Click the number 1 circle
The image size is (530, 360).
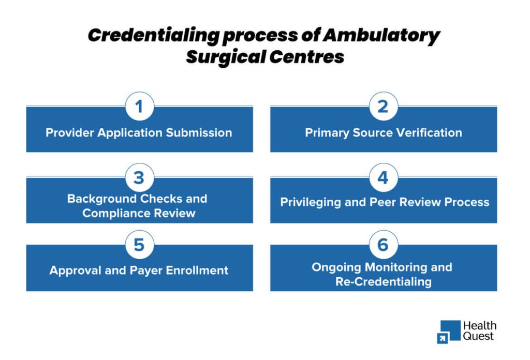[139, 107]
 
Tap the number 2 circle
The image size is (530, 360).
[383, 107]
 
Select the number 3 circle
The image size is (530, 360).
[139, 177]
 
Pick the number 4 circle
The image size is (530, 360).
[383, 177]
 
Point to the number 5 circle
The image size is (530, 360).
[139, 245]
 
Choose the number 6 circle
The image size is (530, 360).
[383, 245]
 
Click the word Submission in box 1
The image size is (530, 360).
[199, 132]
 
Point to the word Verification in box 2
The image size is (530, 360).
[429, 132]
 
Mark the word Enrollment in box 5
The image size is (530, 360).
[201, 270]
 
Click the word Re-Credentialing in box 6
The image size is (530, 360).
[383, 282]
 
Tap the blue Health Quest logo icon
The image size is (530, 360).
[448, 332]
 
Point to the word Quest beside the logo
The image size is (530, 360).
[479, 336]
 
